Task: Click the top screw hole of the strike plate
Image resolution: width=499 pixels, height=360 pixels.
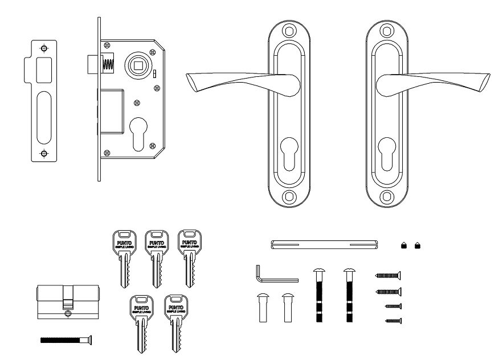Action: (43, 49)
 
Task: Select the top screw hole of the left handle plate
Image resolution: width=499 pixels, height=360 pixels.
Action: (290, 31)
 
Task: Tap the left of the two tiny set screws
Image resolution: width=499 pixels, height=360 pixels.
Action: (404, 246)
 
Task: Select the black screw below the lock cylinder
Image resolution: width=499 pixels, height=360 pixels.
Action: (67, 340)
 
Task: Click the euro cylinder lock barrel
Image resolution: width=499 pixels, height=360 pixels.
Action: (67, 301)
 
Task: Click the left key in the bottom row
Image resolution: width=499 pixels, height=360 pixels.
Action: (139, 322)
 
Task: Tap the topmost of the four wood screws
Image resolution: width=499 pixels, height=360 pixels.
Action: (388, 276)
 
